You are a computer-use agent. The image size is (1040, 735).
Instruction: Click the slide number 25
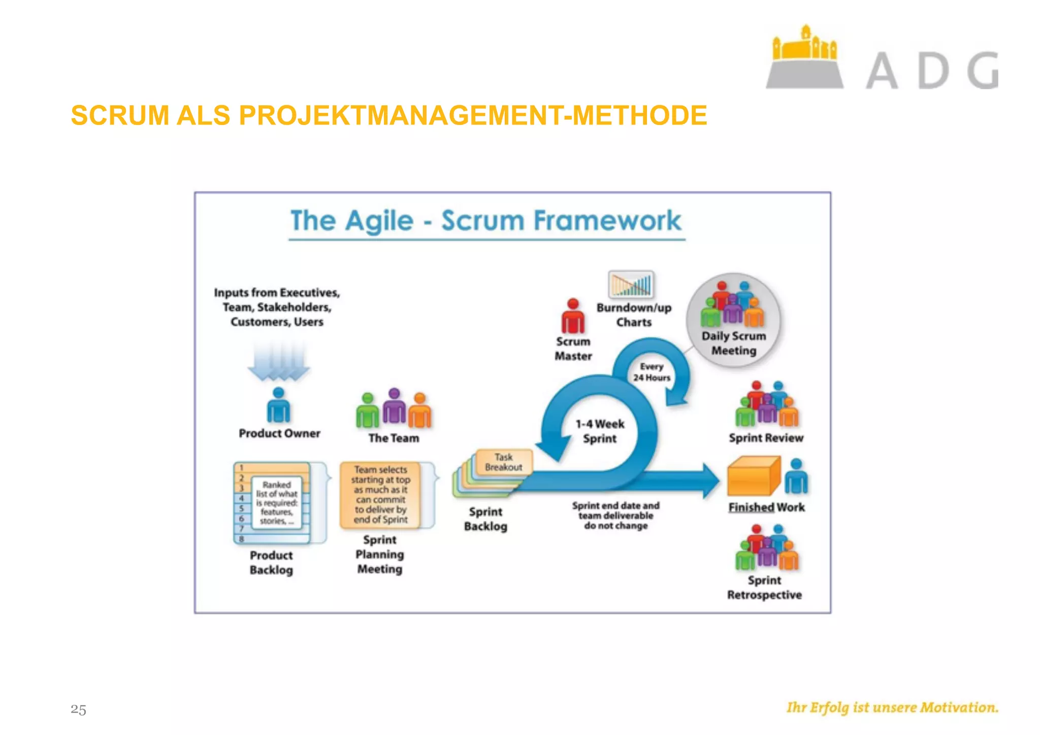78,709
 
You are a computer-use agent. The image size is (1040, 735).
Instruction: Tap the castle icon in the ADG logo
804,58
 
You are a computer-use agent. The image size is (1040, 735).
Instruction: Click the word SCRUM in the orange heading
120,115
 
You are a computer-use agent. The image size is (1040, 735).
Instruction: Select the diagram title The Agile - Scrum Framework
485,221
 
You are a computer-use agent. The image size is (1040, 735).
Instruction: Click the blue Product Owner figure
278,406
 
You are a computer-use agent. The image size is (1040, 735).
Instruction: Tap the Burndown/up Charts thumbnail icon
631,284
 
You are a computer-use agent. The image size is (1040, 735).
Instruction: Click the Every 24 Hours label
652,372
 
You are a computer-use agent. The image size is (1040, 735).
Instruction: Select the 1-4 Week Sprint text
600,431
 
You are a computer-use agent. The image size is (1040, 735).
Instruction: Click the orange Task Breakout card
503,462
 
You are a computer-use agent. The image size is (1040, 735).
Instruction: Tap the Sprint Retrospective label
764,588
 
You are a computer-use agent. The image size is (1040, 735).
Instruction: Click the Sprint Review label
766,438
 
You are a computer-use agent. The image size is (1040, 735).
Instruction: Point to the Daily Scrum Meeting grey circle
733,320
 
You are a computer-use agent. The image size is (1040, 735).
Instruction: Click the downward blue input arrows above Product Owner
278,361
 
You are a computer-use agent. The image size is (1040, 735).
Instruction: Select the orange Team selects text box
380,495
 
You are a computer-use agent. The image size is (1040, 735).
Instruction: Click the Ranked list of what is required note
277,503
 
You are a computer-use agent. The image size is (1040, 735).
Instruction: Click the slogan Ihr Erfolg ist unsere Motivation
892,708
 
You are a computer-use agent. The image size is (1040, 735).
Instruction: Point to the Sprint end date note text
615,516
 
